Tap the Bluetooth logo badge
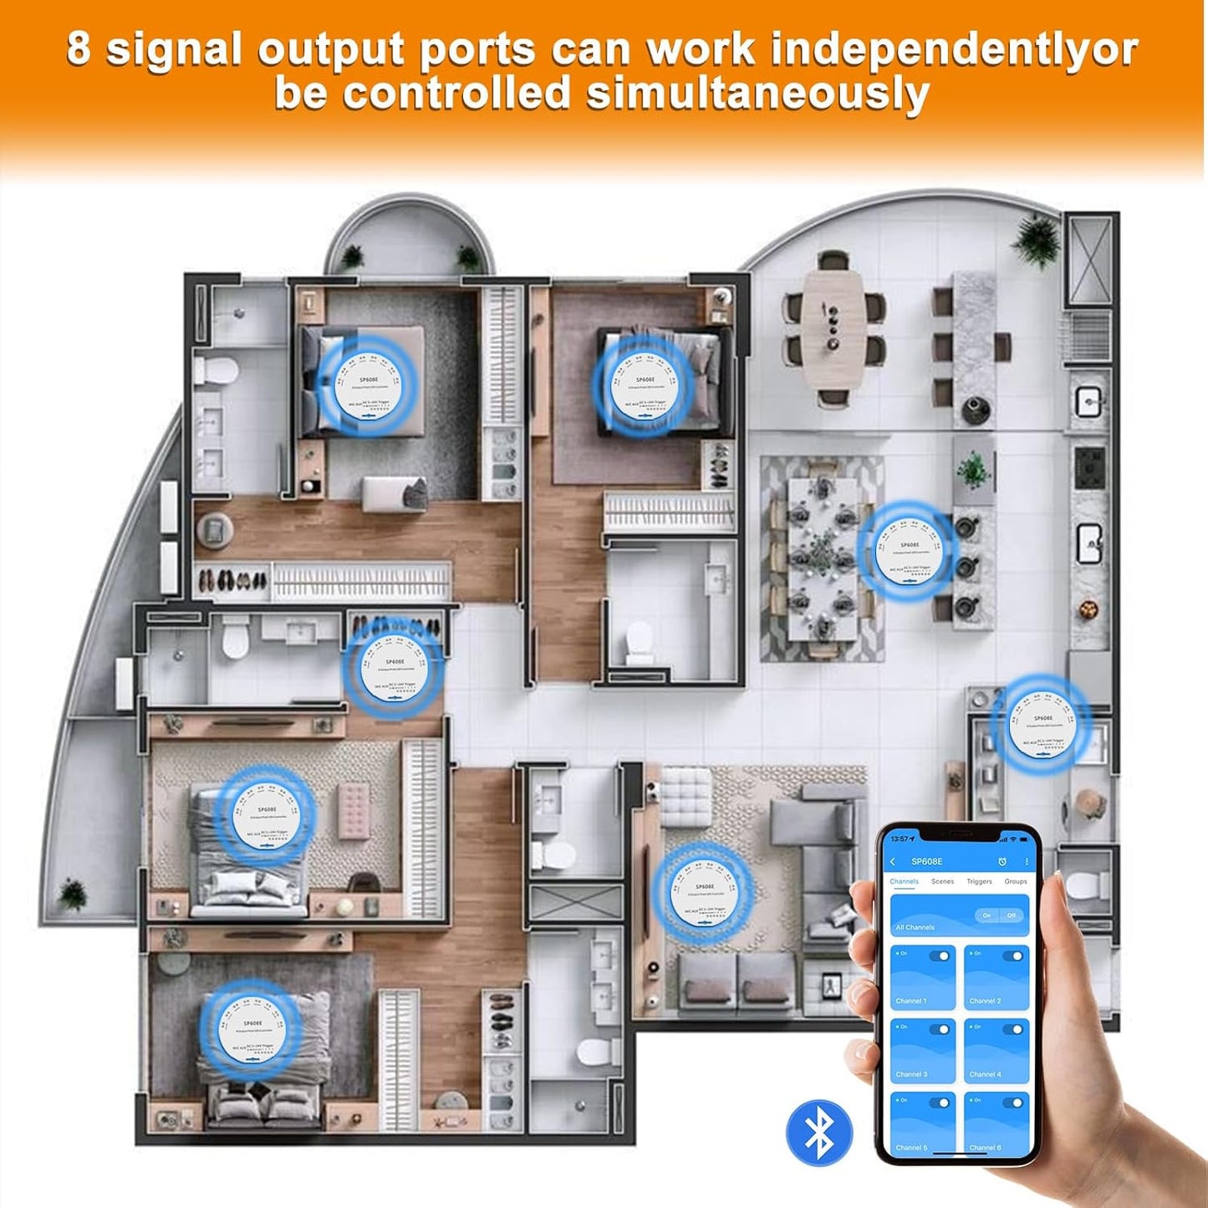[x=819, y=1133]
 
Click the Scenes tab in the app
[x=942, y=881]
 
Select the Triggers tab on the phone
[x=979, y=881]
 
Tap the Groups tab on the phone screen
[x=1016, y=881]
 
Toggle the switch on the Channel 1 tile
[x=940, y=956]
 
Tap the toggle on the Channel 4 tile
[x=1013, y=1029]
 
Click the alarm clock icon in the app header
[x=1002, y=862]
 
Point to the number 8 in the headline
[x=78, y=48]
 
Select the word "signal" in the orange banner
[x=174, y=50]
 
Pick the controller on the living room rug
[x=703, y=893]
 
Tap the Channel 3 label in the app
[x=911, y=1074]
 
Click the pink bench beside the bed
[x=354, y=812]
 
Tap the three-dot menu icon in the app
[x=1026, y=862]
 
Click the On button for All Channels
[x=987, y=915]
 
